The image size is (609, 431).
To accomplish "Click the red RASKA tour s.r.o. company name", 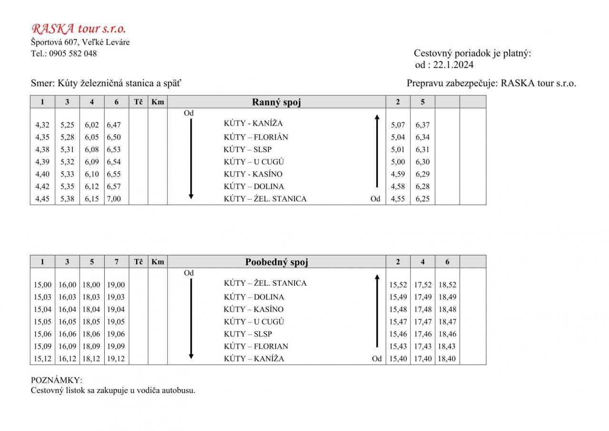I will tap(79, 29).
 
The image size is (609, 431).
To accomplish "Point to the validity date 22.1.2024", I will tap(453, 65).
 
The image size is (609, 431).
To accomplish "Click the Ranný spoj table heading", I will tap(276, 102).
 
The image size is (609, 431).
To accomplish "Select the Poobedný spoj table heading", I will tap(276, 262).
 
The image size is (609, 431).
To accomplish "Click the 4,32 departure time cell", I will tap(42, 125).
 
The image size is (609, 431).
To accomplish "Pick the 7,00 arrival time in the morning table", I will tap(114, 199).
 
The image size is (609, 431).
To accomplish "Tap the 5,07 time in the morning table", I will tap(398, 125).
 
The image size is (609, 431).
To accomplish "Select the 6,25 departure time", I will tap(422, 199).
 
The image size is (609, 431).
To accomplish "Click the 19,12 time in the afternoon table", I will tap(116, 359).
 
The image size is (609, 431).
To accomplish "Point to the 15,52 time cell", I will tap(398, 285).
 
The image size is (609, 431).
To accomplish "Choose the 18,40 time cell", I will tap(447, 359).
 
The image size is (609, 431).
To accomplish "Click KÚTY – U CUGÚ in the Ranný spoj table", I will tap(254, 162).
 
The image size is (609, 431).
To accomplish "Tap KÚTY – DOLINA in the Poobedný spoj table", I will tap(254, 297).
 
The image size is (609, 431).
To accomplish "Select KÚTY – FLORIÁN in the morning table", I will tap(255, 137).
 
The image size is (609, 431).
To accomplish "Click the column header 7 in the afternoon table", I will tap(117, 261).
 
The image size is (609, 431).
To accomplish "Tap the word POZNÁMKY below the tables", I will tap(57, 381).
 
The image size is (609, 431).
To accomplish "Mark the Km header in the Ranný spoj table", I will tap(157, 101).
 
